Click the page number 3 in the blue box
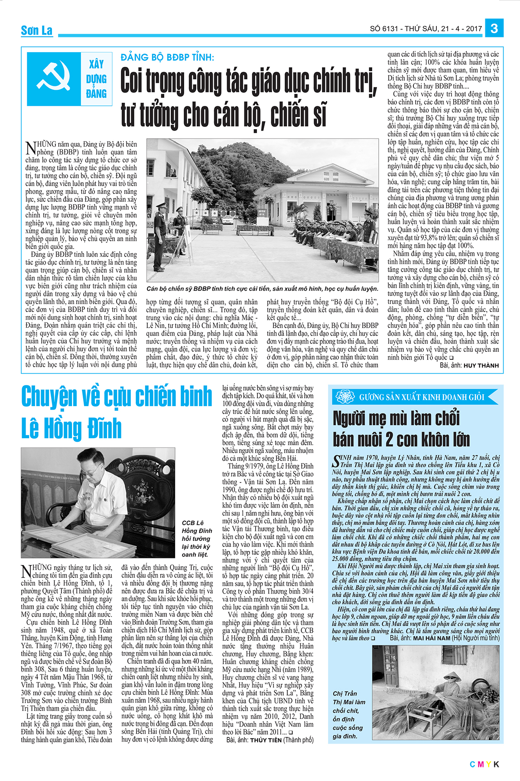tap(494, 29)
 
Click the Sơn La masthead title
tap(37, 30)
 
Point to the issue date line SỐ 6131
tap(426, 29)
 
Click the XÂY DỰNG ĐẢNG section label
tap(96, 79)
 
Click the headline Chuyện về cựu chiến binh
tap(117, 397)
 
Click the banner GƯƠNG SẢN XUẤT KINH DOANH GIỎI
tap(421, 397)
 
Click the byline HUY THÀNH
tap(481, 366)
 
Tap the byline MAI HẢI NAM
tap(432, 638)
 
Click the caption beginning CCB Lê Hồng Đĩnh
tap(197, 538)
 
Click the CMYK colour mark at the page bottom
tap(484, 765)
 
